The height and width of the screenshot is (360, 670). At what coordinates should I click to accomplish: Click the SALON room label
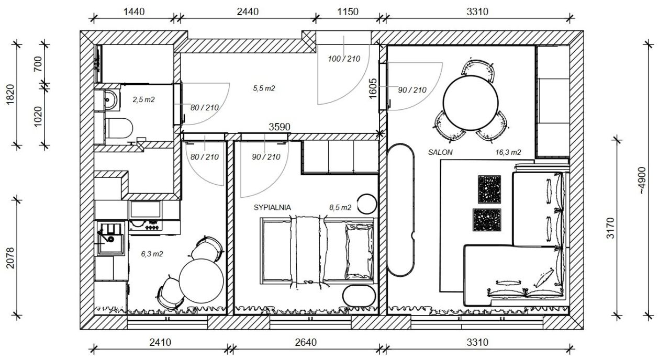[x=440, y=152]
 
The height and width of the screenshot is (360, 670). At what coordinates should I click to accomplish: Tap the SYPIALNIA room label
[x=272, y=208]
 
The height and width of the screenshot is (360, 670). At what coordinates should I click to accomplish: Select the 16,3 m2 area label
[x=508, y=152]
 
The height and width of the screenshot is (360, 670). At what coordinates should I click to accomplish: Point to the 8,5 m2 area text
[x=340, y=208]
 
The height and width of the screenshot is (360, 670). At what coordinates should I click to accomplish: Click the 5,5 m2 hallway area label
[x=264, y=88]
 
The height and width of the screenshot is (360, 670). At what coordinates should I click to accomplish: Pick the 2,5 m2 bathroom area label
[x=143, y=99]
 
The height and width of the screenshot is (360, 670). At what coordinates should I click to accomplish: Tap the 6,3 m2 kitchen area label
[x=152, y=254]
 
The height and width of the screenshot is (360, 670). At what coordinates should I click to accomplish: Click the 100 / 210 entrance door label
[x=344, y=59]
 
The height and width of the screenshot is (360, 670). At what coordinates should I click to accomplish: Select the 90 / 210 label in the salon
[x=412, y=90]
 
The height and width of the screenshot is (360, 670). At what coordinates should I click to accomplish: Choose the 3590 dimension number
[x=280, y=127]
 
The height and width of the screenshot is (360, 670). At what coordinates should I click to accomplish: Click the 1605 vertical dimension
[x=373, y=89]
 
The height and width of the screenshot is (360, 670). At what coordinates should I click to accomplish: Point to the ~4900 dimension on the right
[x=642, y=181]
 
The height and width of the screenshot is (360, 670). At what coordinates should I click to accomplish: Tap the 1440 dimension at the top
[x=134, y=12]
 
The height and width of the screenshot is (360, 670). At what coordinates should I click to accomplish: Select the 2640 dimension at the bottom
[x=306, y=342]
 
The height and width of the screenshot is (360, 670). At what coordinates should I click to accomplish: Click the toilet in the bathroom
[x=119, y=128]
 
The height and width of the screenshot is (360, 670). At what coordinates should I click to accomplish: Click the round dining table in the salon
[x=471, y=103]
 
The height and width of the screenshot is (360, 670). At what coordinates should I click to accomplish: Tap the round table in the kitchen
[x=202, y=281]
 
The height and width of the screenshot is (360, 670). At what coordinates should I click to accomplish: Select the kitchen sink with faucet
[x=110, y=239]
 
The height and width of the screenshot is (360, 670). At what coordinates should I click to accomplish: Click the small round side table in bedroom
[x=367, y=204]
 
